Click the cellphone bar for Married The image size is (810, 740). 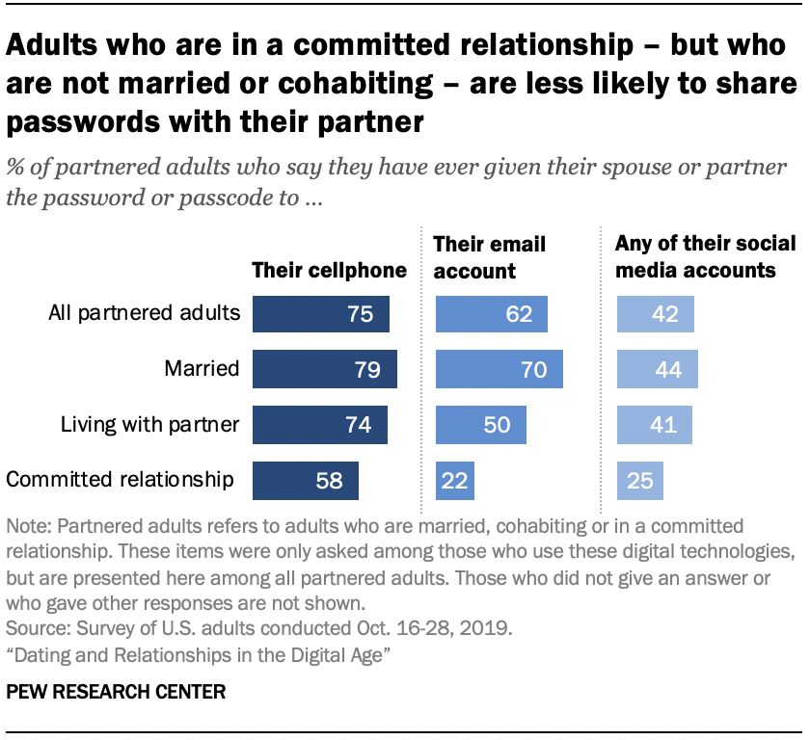324,370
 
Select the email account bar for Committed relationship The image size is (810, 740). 455,480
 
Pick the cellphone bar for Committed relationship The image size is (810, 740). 305,480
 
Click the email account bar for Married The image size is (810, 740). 499,370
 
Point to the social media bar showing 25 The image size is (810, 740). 640,480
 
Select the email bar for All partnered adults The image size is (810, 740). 492,314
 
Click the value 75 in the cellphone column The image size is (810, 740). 361,315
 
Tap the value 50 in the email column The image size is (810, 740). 496,425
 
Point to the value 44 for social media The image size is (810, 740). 667,370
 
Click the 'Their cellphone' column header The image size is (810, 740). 329,270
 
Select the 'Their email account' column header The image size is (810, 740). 490,257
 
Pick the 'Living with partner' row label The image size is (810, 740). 149,425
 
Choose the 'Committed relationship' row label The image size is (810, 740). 121,480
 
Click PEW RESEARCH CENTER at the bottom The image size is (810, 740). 116,692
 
